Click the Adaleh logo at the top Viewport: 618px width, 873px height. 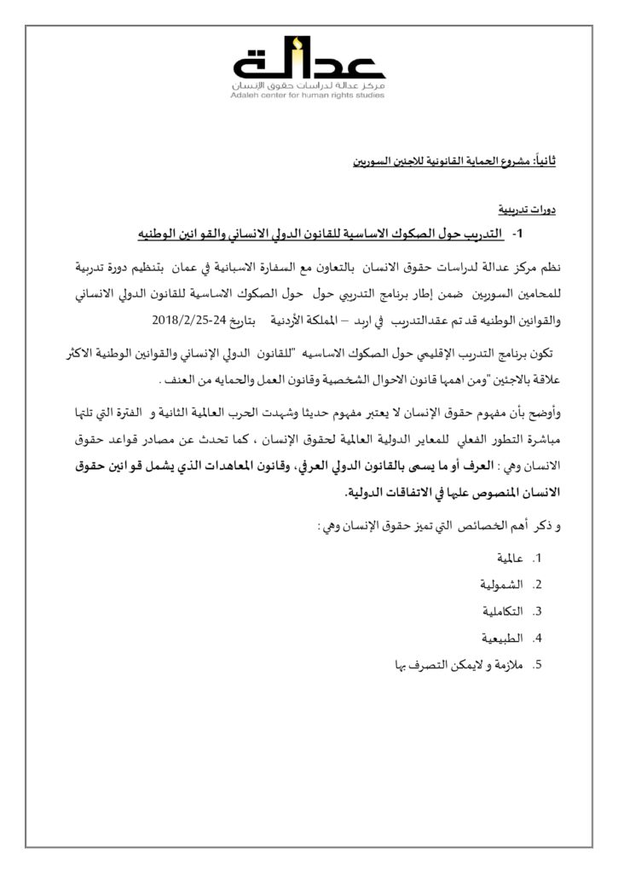309,60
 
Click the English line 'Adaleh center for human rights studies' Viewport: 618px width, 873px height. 309,95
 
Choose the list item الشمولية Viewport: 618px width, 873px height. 497,584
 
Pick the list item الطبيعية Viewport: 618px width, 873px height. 498,637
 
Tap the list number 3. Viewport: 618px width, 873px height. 538,611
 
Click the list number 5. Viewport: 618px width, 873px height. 538,664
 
